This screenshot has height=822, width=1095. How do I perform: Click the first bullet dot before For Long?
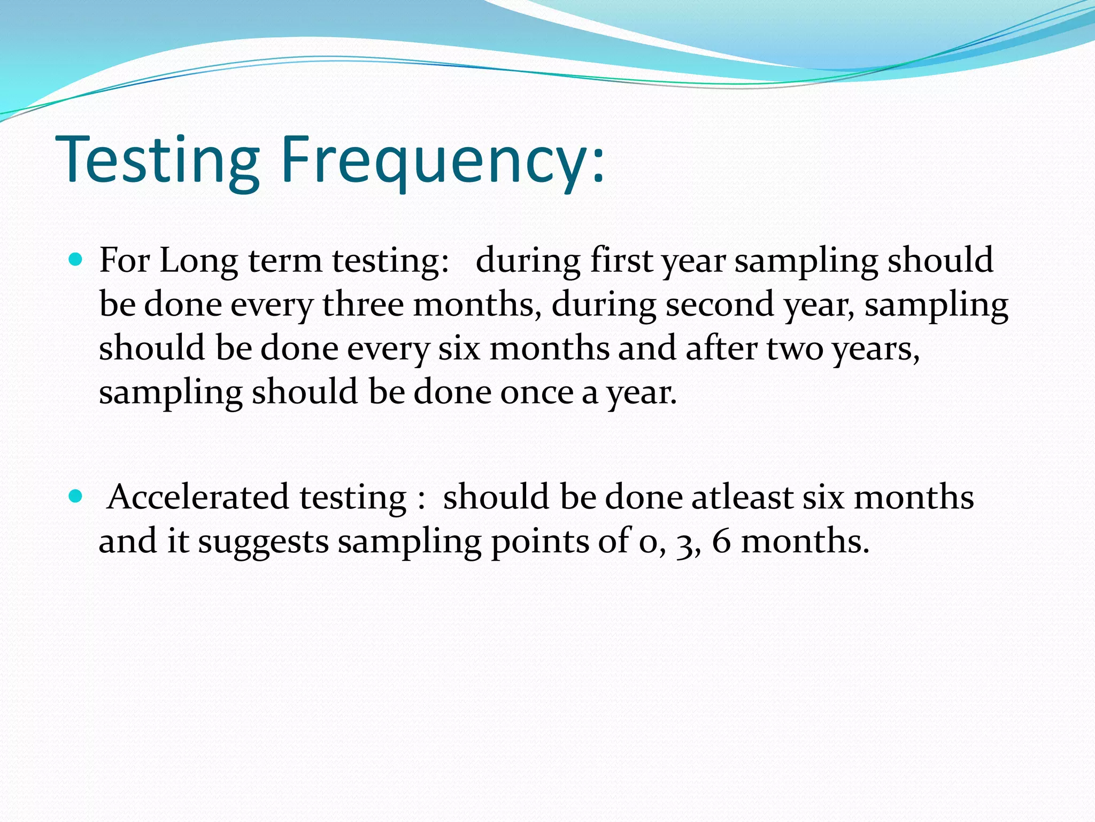pos(76,260)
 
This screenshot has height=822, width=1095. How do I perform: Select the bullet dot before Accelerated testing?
pos(76,497)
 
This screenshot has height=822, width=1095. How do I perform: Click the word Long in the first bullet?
pos(198,261)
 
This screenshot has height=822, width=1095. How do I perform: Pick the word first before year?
pos(621,260)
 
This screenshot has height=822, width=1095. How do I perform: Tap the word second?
pos(720,305)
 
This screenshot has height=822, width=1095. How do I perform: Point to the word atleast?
pos(742,497)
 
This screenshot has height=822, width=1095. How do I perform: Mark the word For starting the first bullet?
pos(124,261)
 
